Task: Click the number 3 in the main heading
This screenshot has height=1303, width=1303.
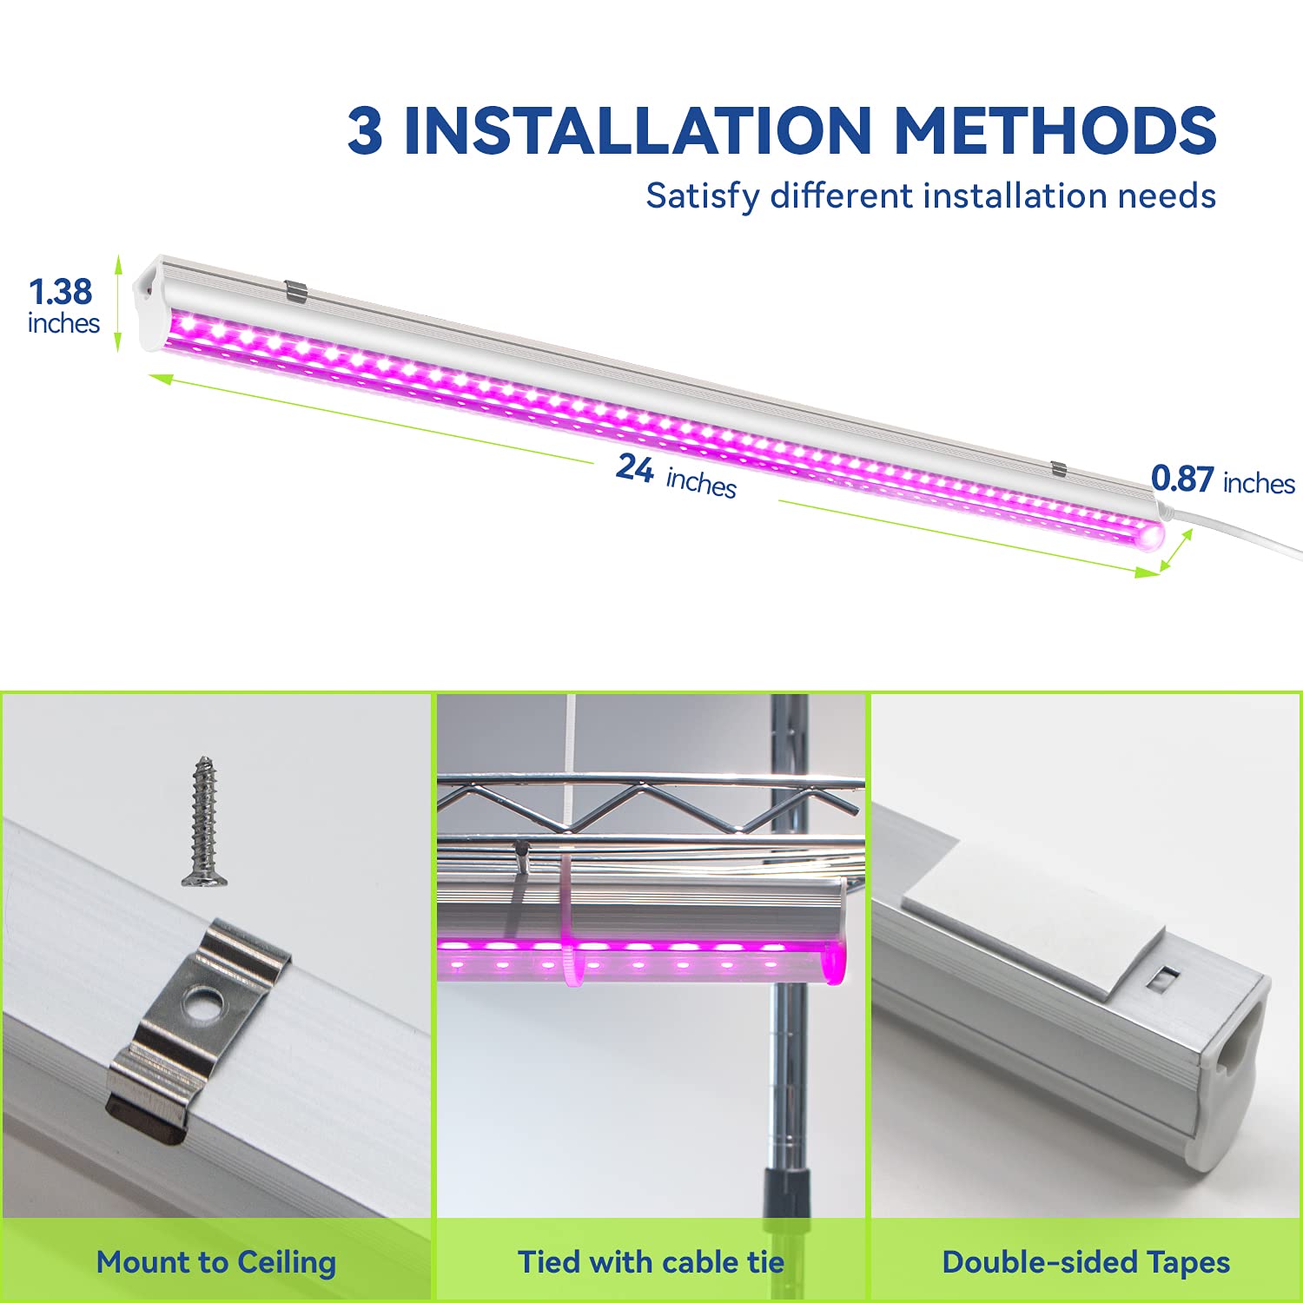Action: (x=365, y=131)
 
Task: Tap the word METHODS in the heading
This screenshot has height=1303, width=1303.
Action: (x=1055, y=131)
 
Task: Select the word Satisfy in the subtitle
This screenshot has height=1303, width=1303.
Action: (x=702, y=196)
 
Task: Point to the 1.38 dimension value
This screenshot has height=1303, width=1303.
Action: (x=60, y=292)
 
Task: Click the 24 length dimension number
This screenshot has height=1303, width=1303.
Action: (x=635, y=468)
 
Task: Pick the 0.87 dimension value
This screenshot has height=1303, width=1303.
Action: (x=1182, y=479)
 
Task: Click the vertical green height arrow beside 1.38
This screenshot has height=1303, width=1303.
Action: (x=119, y=304)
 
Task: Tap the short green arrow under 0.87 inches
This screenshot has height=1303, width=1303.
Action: (x=1176, y=551)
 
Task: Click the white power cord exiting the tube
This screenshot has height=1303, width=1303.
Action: (x=1242, y=532)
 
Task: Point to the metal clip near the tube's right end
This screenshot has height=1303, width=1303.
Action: (x=1058, y=469)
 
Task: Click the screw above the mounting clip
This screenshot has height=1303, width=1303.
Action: (x=205, y=821)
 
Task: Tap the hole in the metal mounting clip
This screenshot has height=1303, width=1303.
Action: (x=206, y=1006)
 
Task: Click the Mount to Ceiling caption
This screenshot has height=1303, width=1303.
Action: (x=216, y=1262)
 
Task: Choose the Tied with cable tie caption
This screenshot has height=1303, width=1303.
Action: (x=651, y=1262)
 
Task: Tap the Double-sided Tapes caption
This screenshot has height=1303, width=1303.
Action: (x=1086, y=1262)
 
